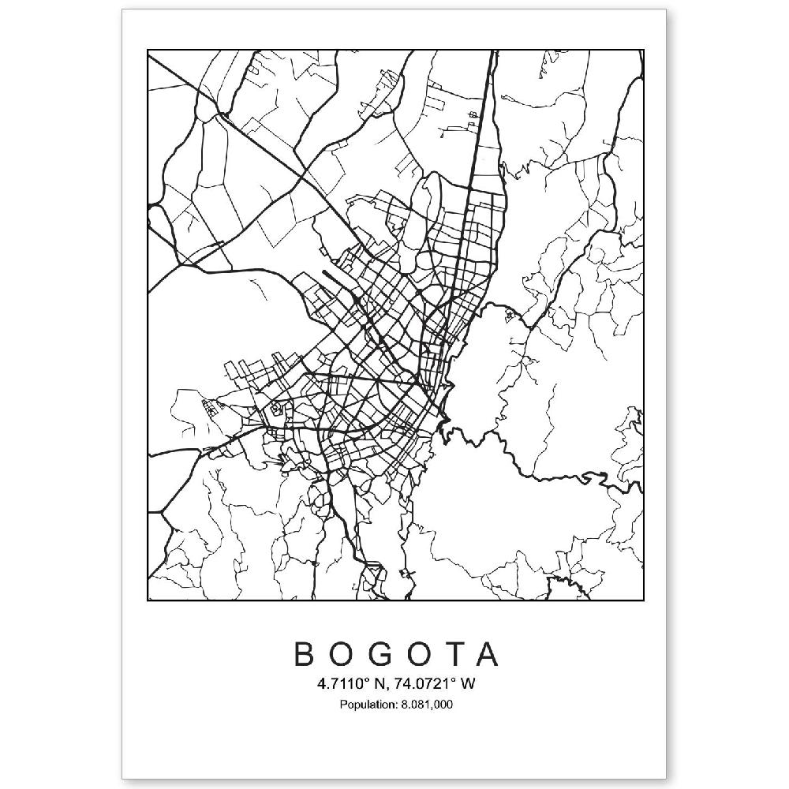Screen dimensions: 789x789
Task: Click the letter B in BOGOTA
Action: [305, 655]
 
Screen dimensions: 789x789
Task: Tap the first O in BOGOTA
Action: [344, 655]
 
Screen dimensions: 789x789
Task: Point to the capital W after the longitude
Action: [468, 684]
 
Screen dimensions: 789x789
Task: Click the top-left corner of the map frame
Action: [148, 50]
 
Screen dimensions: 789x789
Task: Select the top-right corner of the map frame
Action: [644, 50]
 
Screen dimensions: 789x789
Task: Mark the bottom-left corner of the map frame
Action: [148, 600]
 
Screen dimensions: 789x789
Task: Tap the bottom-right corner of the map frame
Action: [644, 600]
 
